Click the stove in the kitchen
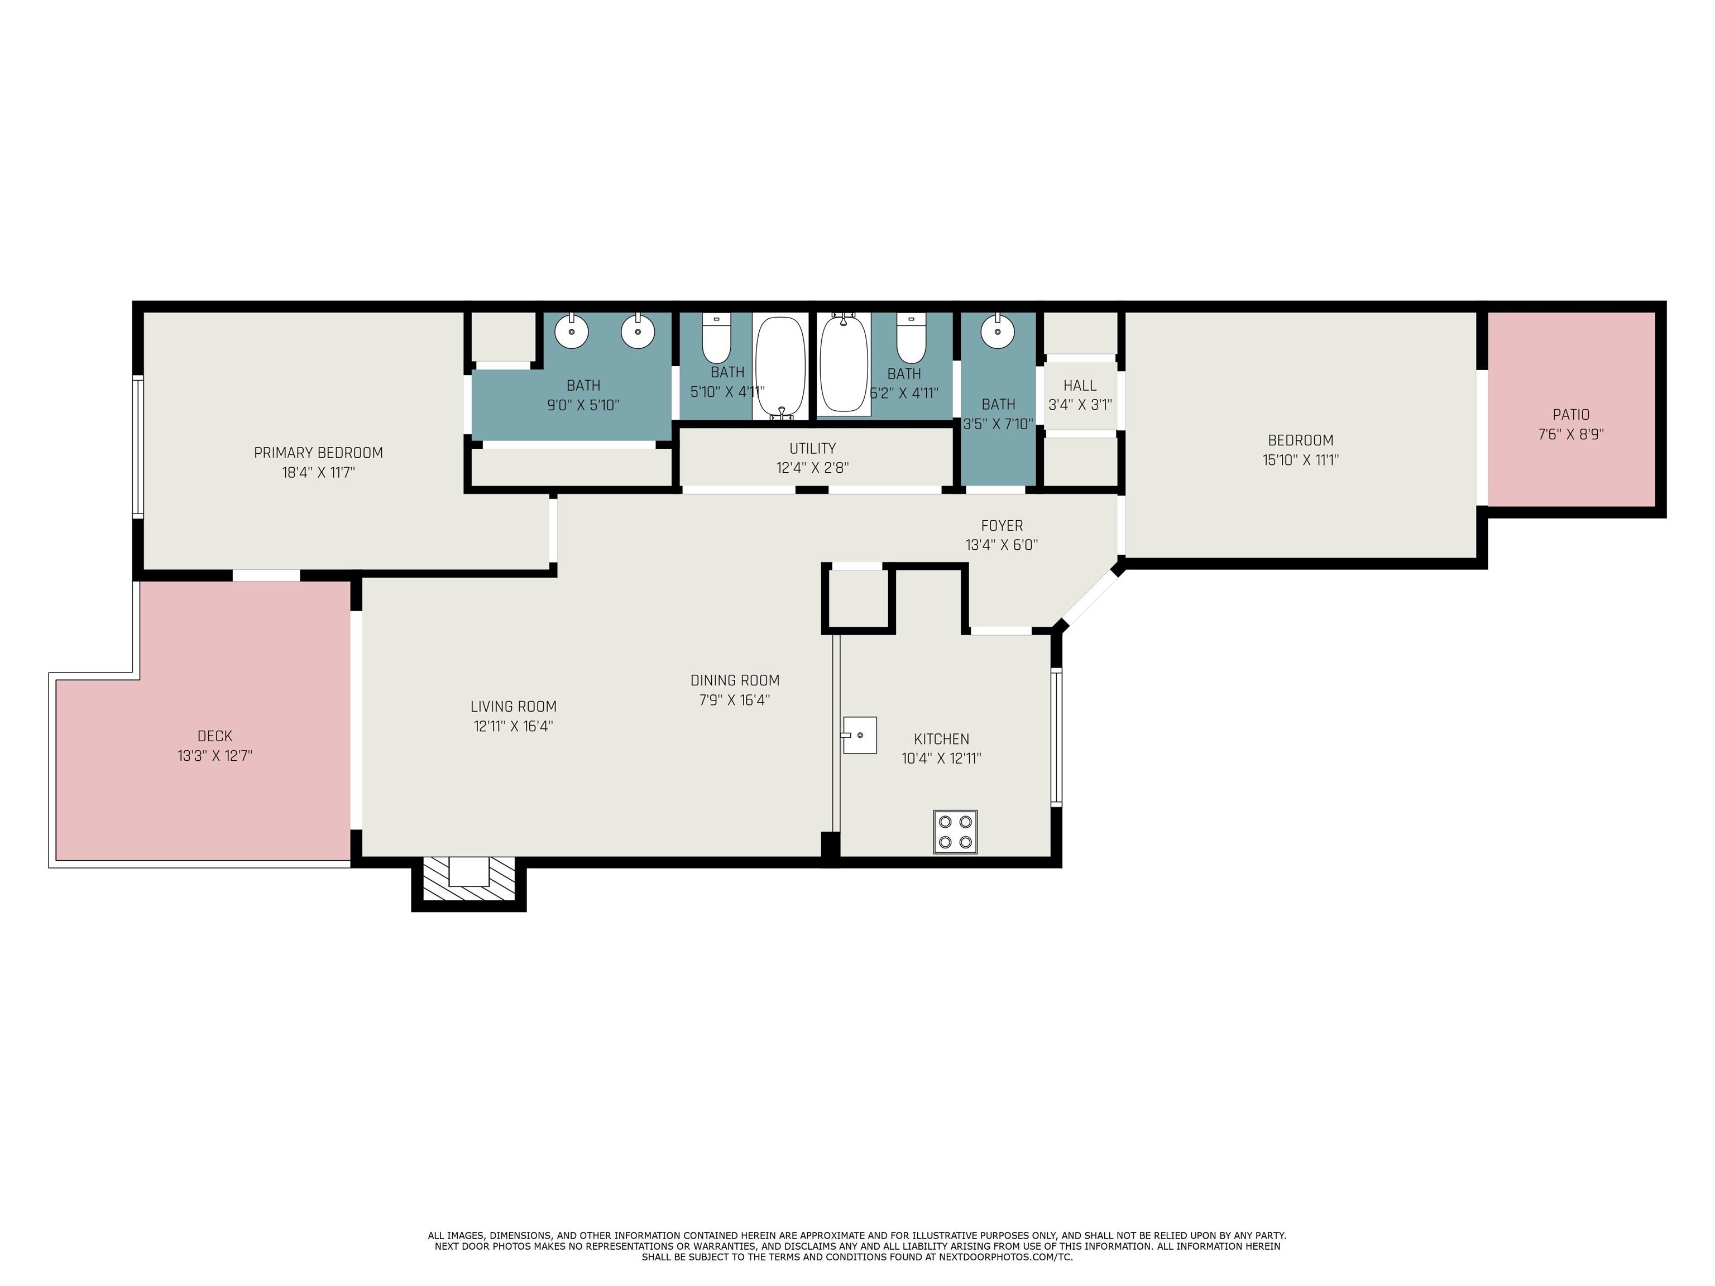coord(955,832)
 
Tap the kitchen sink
coord(859,735)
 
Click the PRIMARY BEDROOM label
coord(319,453)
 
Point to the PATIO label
coord(1571,415)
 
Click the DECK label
coord(215,736)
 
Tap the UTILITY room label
coord(812,448)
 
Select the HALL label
coord(1080,385)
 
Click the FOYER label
coord(1002,526)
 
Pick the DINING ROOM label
coord(735,680)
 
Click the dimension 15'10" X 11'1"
coord(1300,460)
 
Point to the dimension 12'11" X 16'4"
coord(513,726)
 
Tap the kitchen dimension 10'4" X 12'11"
coord(941,758)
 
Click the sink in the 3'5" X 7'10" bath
coord(997,331)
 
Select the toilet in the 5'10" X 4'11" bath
coord(716,338)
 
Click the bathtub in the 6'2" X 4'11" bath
coord(844,363)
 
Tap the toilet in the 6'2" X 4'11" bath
coord(912,338)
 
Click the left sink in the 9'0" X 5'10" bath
coord(572,331)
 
